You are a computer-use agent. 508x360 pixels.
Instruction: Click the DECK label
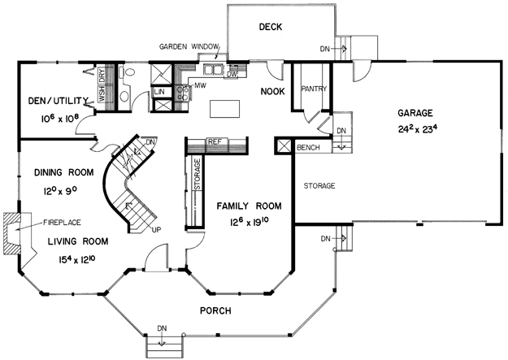271,27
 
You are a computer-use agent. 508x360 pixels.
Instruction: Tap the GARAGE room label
415,113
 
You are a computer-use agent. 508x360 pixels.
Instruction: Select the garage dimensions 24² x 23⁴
418,128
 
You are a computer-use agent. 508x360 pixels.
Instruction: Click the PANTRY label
314,89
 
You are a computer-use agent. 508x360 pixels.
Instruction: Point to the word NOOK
273,92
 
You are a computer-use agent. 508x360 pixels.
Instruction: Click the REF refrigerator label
215,141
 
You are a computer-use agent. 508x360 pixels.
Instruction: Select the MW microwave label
201,85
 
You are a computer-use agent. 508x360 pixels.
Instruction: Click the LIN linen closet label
159,92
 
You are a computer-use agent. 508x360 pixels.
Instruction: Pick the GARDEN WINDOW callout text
189,46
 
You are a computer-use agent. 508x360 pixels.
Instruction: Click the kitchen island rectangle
225,109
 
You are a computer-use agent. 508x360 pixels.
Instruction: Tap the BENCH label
308,148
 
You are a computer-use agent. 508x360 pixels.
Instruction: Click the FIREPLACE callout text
62,223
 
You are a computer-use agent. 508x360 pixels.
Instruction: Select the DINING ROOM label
64,172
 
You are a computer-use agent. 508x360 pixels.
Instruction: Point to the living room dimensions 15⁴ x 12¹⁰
76,258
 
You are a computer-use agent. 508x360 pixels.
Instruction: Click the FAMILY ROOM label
249,206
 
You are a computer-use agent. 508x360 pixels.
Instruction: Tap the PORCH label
215,311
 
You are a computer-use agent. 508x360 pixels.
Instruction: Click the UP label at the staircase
156,230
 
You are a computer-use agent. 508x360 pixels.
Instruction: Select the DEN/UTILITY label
59,101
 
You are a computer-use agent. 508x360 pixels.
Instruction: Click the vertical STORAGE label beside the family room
198,174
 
